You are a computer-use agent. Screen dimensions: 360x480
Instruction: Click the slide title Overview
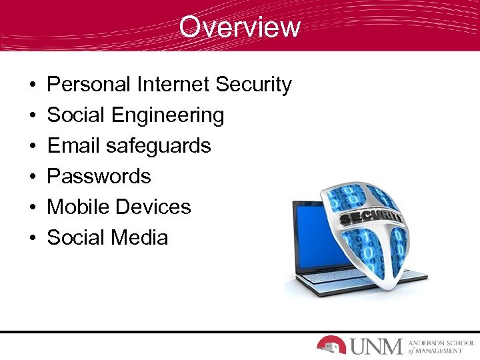pos(239,27)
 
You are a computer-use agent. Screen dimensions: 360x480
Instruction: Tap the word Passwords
pos(99,177)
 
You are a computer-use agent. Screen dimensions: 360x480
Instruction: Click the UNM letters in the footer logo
pos(377,345)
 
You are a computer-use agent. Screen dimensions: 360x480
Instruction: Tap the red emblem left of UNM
pos(331,345)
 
